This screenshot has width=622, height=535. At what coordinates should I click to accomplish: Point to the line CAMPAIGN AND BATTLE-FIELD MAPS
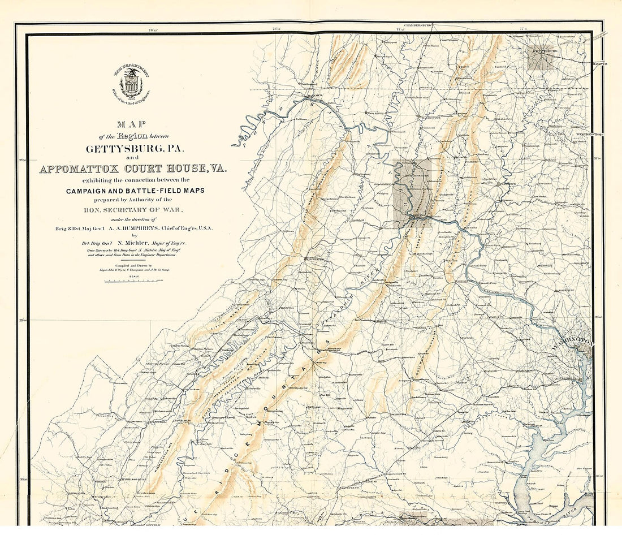135,191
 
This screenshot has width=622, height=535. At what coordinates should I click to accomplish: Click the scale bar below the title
134,280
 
